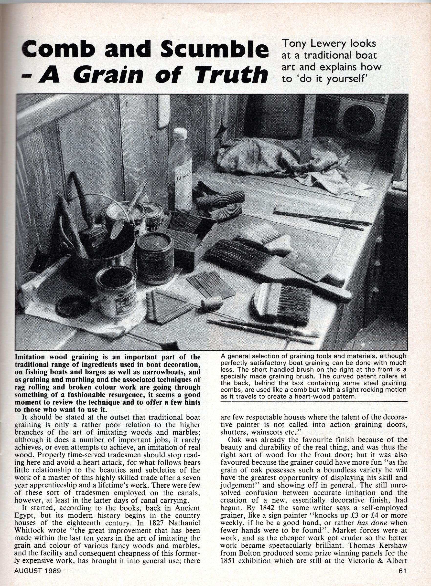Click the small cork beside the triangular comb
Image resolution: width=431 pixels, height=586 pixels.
pos(211,304)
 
